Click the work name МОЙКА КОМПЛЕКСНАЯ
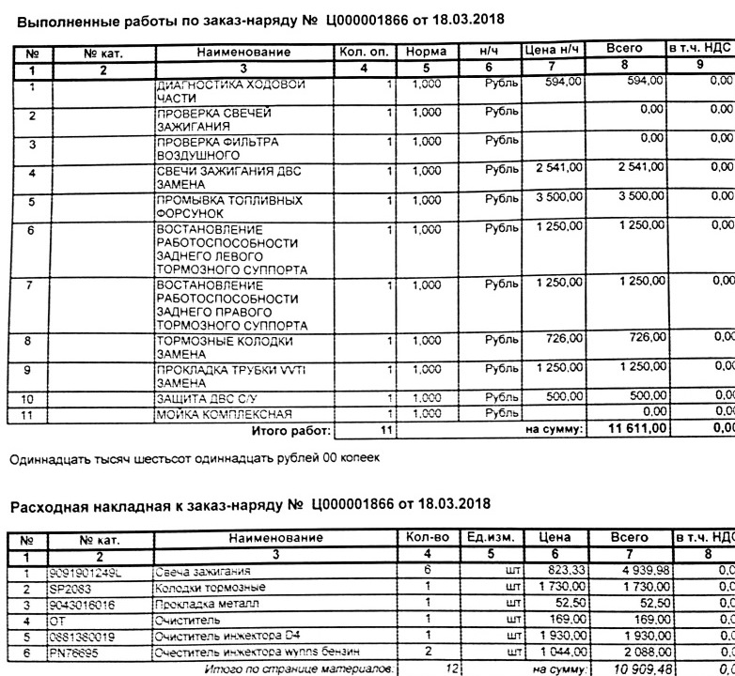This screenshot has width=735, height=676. pyautogui.click(x=224, y=414)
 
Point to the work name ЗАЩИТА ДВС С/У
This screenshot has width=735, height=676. pyautogui.click(x=208, y=399)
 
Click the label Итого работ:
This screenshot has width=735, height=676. pyautogui.click(x=291, y=431)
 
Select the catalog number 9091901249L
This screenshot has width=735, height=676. pyautogui.click(x=87, y=571)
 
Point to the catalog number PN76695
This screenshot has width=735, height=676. pyautogui.click(x=73, y=652)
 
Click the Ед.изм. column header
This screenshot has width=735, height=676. pyautogui.click(x=490, y=538)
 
